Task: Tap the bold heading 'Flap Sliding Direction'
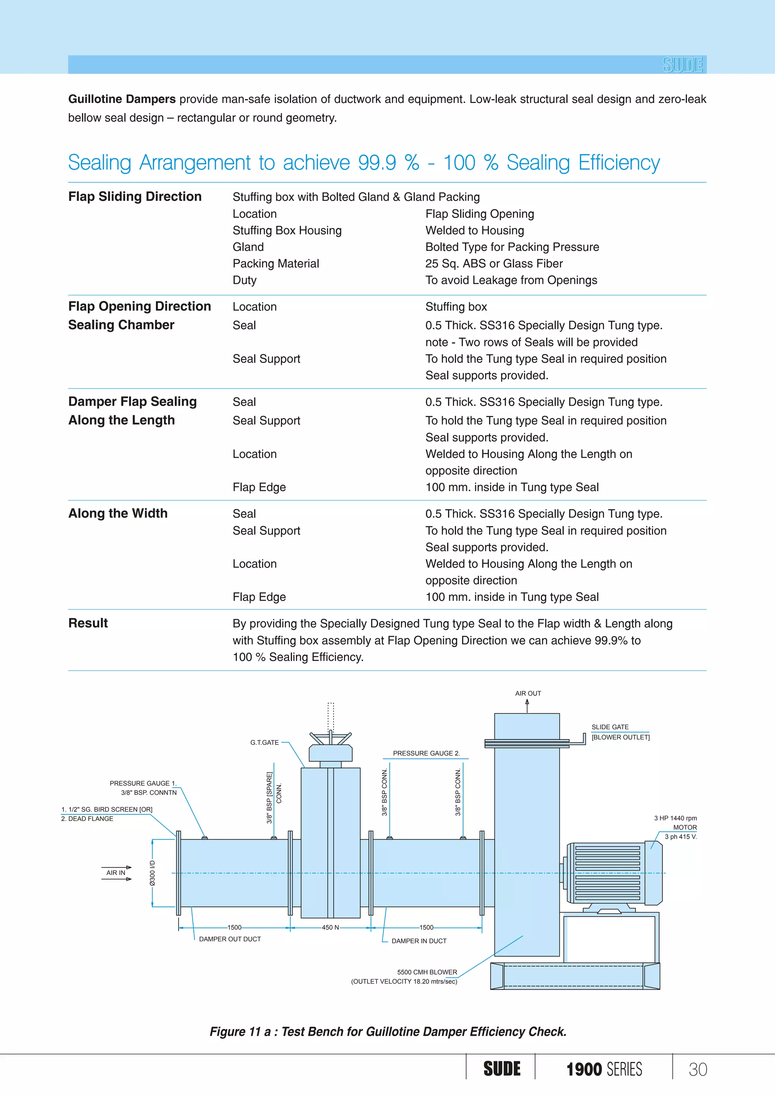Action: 135,197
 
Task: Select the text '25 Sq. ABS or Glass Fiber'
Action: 494,263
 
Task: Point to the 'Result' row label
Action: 88,623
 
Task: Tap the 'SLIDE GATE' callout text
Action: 610,727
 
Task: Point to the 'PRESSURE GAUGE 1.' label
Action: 143,783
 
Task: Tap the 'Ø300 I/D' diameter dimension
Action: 152,873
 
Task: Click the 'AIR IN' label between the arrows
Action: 115,873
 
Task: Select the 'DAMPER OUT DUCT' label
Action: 230,939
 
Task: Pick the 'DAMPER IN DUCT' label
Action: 419,941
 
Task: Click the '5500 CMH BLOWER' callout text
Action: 427,972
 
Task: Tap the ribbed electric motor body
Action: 607,873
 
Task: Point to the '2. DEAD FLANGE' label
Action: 87,819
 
